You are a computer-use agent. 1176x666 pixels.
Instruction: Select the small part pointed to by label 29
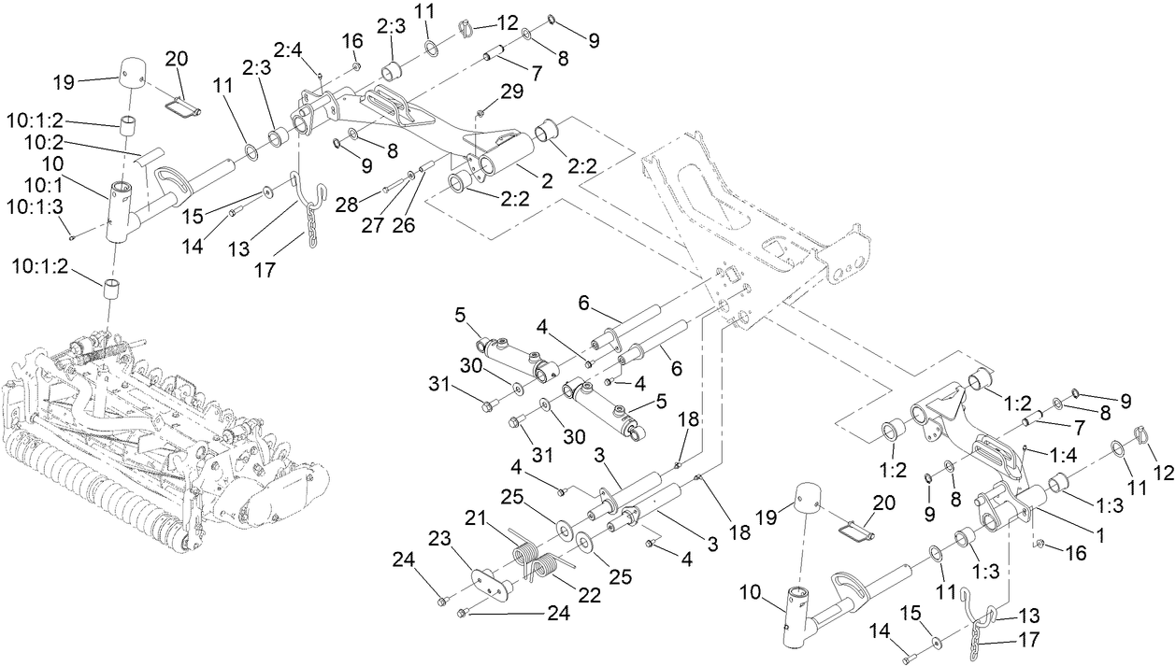pyautogui.click(x=480, y=113)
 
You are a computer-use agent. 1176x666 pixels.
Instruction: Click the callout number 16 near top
pyautogui.click(x=351, y=41)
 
